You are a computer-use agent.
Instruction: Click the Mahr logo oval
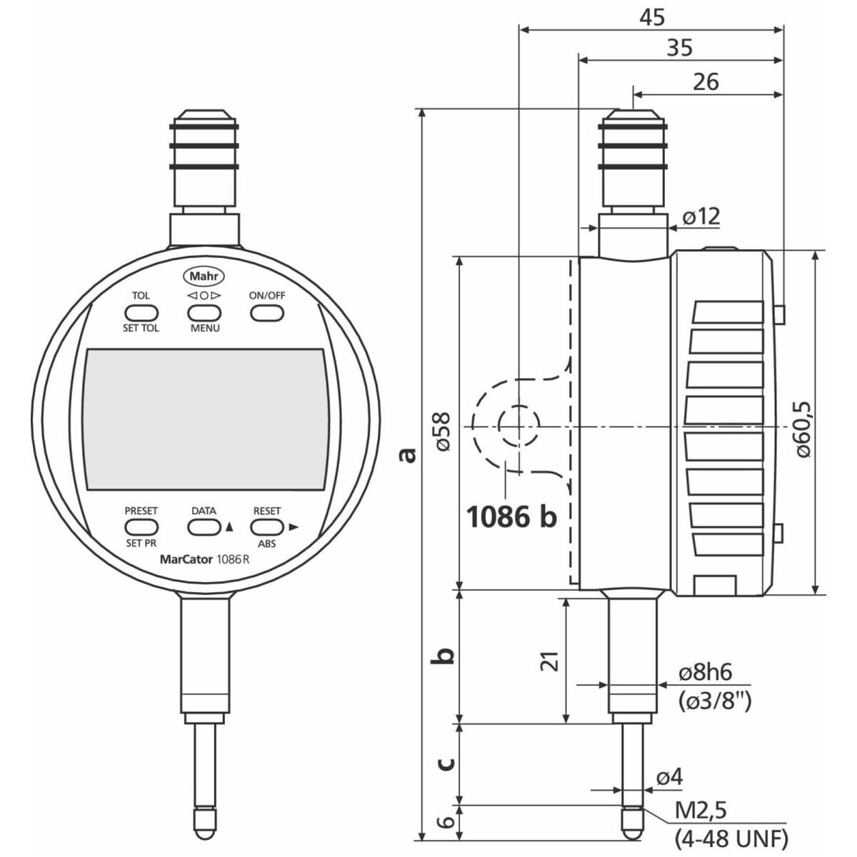coord(204,276)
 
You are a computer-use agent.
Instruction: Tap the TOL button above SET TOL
coord(141,313)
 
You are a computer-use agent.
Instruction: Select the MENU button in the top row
coord(204,313)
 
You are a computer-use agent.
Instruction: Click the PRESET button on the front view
coord(141,527)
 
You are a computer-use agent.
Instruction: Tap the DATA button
coord(204,527)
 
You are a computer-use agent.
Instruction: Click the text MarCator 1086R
coord(204,559)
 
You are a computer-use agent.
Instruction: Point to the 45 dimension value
coord(652,18)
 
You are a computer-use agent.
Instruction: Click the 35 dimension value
coord(680,48)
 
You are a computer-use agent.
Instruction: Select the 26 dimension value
coord(706,82)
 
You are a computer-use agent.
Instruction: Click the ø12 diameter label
coord(701,216)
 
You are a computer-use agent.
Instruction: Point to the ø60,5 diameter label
coord(803,428)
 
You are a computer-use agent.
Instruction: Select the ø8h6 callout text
coord(706,673)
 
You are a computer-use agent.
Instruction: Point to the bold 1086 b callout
coord(511,517)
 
